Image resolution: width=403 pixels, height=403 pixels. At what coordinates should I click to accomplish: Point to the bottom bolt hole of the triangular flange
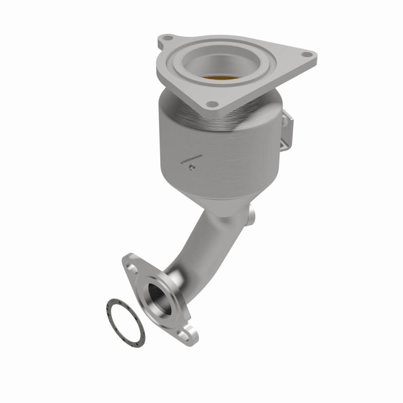(x=212, y=104)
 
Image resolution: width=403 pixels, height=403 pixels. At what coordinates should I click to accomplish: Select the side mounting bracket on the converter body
(x=287, y=128)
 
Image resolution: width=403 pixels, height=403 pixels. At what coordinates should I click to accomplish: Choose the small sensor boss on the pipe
(x=251, y=215)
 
